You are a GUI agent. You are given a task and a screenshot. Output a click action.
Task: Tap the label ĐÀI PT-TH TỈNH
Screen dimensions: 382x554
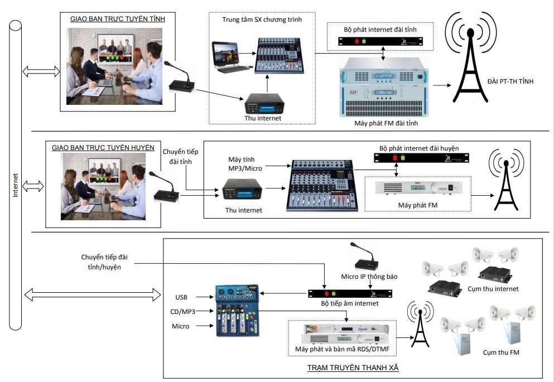(510, 81)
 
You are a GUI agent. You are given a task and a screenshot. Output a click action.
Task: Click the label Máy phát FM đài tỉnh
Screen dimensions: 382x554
(386, 123)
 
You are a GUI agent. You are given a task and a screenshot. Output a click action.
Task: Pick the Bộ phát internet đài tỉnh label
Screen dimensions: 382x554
(381, 28)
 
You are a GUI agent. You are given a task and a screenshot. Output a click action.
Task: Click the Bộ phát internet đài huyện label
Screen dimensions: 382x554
(419, 148)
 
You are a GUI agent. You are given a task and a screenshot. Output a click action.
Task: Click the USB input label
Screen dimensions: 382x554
(181, 296)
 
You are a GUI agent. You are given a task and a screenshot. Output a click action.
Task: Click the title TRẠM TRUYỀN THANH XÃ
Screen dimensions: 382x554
(353, 369)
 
